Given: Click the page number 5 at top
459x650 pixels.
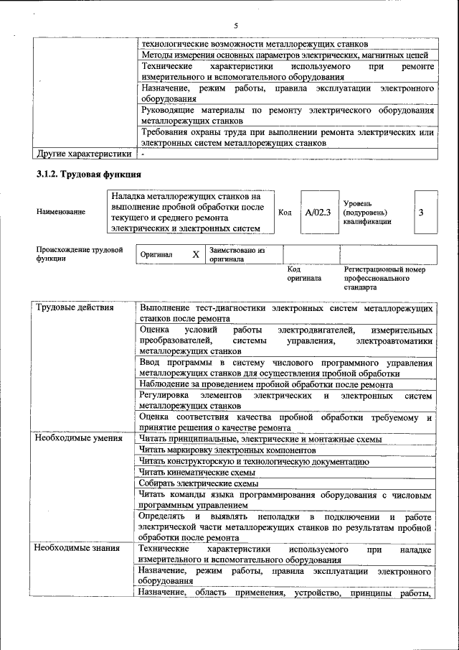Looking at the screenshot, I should coord(235,25).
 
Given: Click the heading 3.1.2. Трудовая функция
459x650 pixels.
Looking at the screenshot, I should coord(89,175).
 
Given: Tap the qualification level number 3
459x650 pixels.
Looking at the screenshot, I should coord(421,212).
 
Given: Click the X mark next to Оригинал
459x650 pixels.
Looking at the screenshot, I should coord(195,254).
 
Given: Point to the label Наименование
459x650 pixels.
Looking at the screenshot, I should coord(61,212).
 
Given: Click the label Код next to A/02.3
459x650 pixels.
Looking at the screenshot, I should coord(284,212).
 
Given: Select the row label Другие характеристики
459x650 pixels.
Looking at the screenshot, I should coord(84,154).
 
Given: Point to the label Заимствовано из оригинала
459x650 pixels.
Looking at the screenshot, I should coord(237,254).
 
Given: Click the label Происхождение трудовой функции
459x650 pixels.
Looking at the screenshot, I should coord(80,254).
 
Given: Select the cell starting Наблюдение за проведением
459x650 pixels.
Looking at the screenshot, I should coord(266,384).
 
